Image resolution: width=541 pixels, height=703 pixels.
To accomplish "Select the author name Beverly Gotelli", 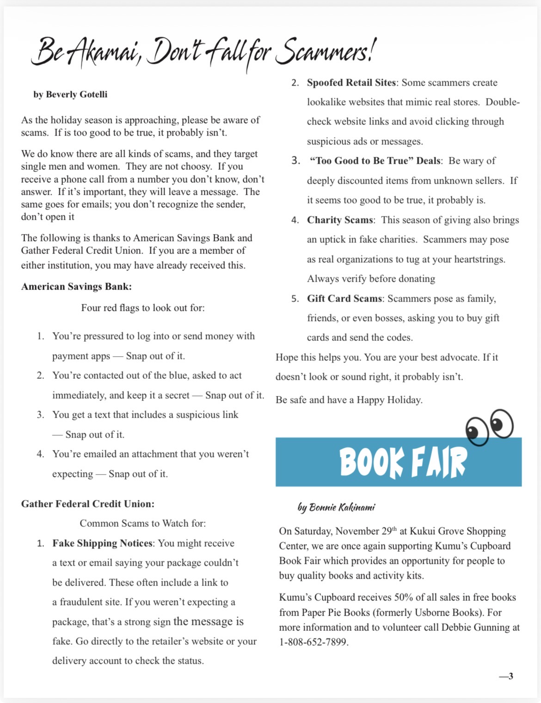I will (x=76, y=94).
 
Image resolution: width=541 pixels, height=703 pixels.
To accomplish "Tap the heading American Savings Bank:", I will (x=76, y=287).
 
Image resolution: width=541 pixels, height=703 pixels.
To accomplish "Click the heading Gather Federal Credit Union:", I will (x=88, y=504).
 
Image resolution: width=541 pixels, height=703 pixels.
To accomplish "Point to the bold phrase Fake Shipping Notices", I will (x=102, y=543).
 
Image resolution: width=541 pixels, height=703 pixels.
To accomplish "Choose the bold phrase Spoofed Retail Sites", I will (x=351, y=83).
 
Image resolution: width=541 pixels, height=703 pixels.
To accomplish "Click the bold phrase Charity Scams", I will (x=340, y=220).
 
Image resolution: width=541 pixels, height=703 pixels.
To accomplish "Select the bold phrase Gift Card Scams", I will (x=344, y=299).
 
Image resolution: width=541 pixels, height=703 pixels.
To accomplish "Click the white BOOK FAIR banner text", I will (x=403, y=462).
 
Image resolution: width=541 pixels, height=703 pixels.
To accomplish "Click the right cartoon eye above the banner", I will (x=502, y=423).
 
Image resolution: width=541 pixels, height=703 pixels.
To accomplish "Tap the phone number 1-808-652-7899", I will (x=314, y=642).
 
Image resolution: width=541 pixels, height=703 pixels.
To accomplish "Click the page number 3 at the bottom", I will (x=510, y=676).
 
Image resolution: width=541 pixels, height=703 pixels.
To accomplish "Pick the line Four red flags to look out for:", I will (x=143, y=308).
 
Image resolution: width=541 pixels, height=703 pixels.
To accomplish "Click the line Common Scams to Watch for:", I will (x=143, y=524).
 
